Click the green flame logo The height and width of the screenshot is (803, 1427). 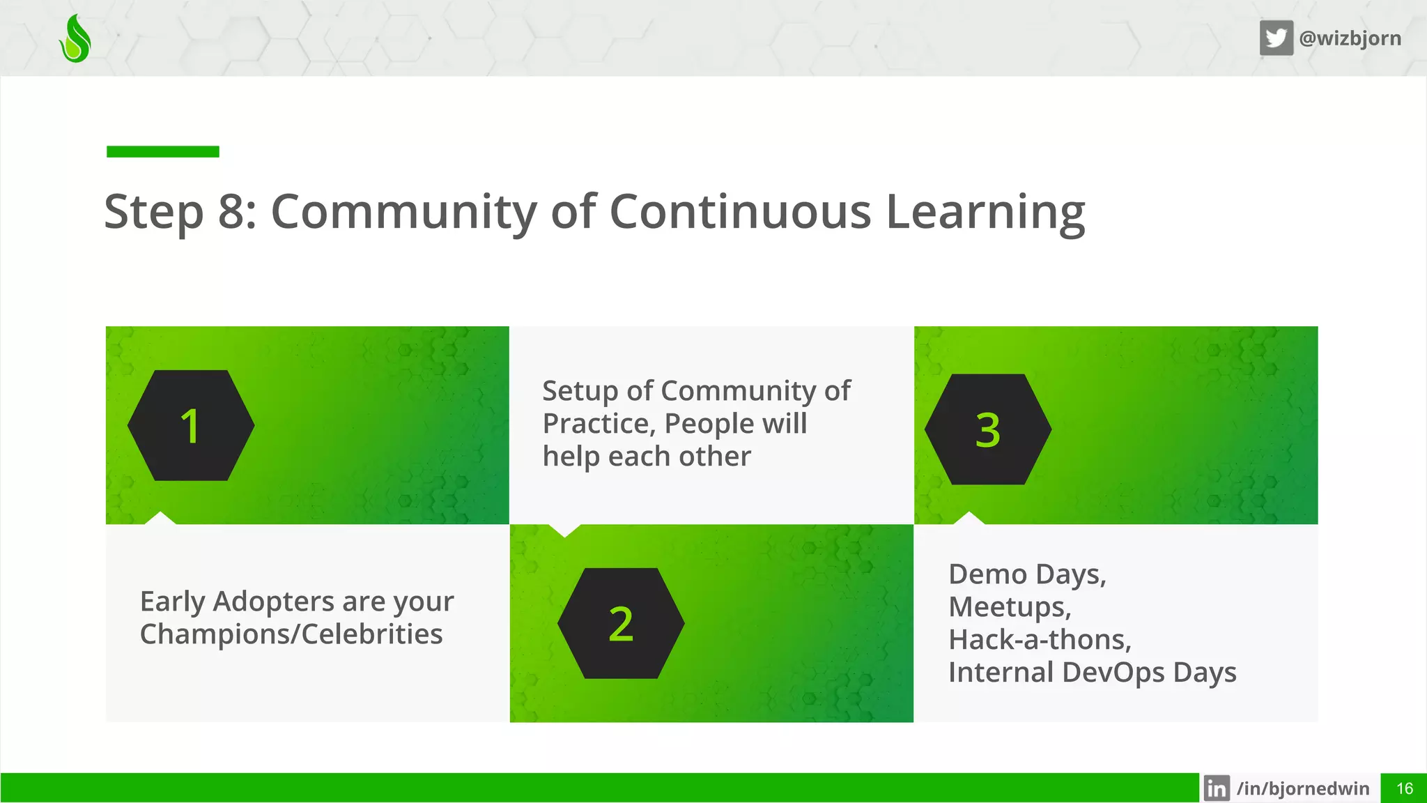pos(75,39)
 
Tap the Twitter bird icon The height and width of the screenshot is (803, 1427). pos(1276,38)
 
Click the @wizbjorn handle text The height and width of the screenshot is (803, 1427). pos(1350,38)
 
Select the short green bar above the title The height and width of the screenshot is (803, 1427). pos(162,151)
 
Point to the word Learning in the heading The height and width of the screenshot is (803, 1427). pos(985,211)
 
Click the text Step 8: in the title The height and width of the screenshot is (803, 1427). pos(180,211)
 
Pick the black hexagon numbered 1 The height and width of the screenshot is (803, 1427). pos(190,425)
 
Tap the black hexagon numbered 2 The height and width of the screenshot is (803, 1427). pos(621,623)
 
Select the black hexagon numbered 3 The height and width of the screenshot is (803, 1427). pos(987,429)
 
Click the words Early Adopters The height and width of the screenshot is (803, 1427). pos(237,601)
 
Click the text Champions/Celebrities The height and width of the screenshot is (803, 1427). pos(291,634)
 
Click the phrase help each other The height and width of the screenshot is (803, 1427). pos(646,457)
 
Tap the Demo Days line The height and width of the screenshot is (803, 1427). pos(1026,574)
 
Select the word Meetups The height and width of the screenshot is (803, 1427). pos(1008,607)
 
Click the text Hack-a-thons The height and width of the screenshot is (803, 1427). pos(1039,640)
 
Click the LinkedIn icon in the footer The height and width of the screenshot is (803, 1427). pos(1217,788)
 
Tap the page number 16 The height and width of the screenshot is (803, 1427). pos(1404,788)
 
